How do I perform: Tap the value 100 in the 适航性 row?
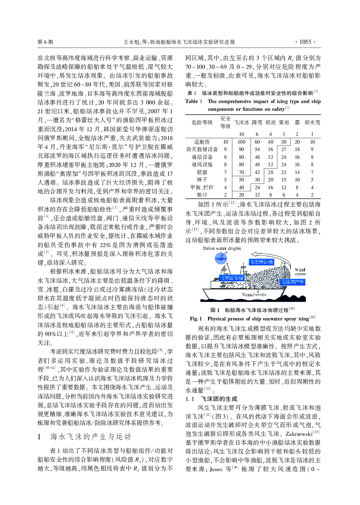coord(241,142)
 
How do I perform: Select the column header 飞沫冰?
coord(241,122)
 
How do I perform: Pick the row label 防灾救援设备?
coord(202,149)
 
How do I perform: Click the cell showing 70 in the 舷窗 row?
coord(241,172)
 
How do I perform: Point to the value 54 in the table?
coord(257,149)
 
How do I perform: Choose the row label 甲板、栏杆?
coord(202,187)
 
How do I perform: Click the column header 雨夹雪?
coord(312,122)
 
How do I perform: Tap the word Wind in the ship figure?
coord(300,270)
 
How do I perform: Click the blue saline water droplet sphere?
coord(221,259)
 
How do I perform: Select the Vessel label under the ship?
coord(248,294)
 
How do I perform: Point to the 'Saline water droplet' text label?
coord(222,248)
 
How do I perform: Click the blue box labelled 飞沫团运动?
coord(262,262)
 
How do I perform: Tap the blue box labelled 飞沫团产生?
coord(292,282)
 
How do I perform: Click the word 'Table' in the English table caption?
coord(192,101)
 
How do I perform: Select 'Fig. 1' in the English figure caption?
coord(196,319)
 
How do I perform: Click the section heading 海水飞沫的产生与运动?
coord(91,437)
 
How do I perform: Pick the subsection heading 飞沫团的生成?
coord(219,399)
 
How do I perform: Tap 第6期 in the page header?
coord(45,42)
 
